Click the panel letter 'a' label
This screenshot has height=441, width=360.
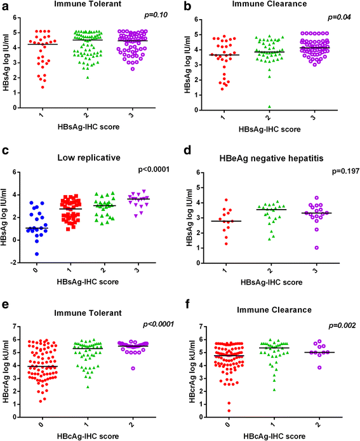click(6, 6)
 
